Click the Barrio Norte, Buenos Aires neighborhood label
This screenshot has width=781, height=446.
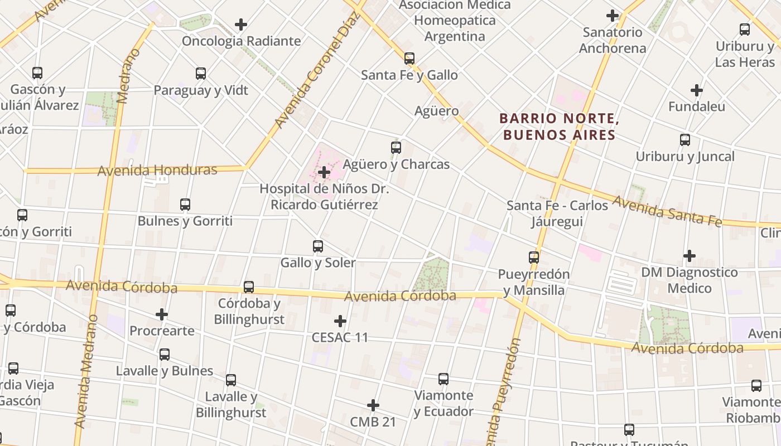pyautogui.click(x=559, y=127)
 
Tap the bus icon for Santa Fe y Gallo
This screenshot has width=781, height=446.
pyautogui.click(x=409, y=58)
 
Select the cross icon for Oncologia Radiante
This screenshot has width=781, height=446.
pyautogui.click(x=241, y=25)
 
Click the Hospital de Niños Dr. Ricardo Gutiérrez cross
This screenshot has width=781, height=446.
pyautogui.click(x=324, y=172)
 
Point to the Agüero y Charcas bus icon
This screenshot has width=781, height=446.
pyautogui.click(x=396, y=148)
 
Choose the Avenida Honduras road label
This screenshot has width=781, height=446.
pyautogui.click(x=157, y=170)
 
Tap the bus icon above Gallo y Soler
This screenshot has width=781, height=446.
pyautogui.click(x=318, y=246)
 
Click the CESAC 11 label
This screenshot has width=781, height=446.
pyautogui.click(x=340, y=337)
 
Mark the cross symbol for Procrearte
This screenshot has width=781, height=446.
pyautogui.click(x=162, y=314)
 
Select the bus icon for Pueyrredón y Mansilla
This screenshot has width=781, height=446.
pyautogui.click(x=534, y=257)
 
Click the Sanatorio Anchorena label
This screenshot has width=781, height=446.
pyautogui.click(x=613, y=40)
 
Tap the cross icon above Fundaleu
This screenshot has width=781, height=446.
pyautogui.click(x=697, y=90)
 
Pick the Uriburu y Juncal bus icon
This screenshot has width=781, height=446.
pyautogui.click(x=685, y=140)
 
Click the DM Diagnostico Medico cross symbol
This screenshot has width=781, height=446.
pyautogui.click(x=690, y=256)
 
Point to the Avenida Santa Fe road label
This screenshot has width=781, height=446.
pyautogui.click(x=667, y=211)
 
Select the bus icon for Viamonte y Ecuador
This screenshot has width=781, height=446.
pyautogui.click(x=443, y=379)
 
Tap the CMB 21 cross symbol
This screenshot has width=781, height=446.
pyautogui.click(x=373, y=405)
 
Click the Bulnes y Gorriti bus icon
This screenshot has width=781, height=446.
pyautogui.click(x=185, y=205)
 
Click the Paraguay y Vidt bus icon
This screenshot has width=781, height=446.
pyautogui.click(x=201, y=74)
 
